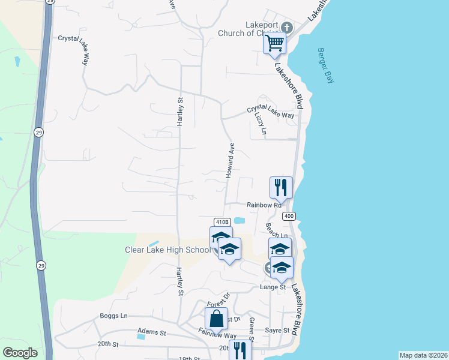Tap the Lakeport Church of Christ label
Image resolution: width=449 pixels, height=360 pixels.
coord(261,29)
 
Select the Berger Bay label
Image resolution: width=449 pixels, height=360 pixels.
coord(325,65)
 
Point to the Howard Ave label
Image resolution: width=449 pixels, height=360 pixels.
coord(230,160)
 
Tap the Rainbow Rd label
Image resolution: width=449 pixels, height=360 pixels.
coord(264,205)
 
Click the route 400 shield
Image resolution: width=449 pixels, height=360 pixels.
coord(289,216)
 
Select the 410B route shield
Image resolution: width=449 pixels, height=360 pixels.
coord(222,221)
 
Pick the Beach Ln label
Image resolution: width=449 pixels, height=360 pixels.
coord(277,232)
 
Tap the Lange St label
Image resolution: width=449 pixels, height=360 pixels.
coord(273,287)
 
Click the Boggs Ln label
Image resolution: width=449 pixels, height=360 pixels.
coord(114,316)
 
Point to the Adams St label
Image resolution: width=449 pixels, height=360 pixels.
coord(151,331)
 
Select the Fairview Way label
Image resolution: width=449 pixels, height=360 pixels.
coord(217,336)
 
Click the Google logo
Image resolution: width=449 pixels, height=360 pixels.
coord(20,352)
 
